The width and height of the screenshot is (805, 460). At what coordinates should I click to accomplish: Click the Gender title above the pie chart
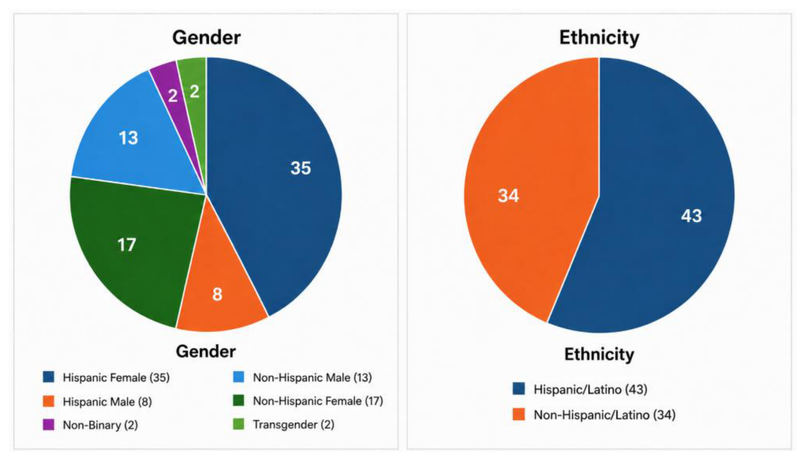click(206, 38)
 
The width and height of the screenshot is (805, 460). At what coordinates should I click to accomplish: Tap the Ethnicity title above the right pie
click(599, 38)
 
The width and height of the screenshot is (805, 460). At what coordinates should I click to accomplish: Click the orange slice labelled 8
click(219, 293)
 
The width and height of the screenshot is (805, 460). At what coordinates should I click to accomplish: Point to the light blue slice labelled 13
click(136, 140)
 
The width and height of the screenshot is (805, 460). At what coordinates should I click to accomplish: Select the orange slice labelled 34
click(526, 193)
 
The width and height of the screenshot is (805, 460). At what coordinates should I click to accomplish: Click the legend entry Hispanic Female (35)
click(106, 377)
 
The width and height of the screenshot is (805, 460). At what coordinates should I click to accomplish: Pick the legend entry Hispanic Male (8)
click(97, 401)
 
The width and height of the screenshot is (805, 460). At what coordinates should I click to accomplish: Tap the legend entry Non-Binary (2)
click(90, 425)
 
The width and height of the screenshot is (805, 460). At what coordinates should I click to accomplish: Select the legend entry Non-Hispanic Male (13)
click(303, 377)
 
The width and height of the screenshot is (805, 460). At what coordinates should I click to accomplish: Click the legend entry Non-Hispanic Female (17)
click(308, 401)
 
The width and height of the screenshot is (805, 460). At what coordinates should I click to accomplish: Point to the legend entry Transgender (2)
click(284, 425)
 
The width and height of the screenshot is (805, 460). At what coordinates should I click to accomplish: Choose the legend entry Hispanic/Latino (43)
click(580, 389)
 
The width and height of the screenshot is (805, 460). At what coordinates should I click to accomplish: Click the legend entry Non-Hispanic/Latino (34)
click(594, 414)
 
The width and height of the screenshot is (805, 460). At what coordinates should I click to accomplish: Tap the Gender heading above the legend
click(206, 351)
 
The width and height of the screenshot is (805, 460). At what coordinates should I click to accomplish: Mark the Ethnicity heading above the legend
click(599, 354)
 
